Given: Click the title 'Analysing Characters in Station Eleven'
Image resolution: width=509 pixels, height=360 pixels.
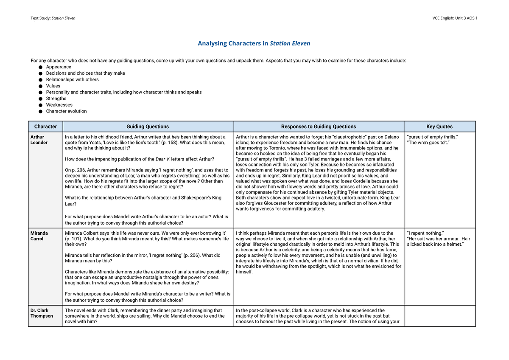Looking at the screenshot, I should (254, 43).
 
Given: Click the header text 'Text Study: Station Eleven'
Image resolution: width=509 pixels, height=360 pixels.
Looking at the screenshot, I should (53, 18).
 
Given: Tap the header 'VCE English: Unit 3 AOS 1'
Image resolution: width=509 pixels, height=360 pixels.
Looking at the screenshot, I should (455, 18).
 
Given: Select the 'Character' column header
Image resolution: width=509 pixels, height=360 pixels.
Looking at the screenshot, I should (45, 127).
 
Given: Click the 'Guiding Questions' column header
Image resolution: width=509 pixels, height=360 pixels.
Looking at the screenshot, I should (148, 127).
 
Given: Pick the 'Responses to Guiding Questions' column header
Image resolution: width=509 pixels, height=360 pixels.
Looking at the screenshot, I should (319, 127).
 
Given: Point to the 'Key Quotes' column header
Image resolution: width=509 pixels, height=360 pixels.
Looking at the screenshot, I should (439, 127).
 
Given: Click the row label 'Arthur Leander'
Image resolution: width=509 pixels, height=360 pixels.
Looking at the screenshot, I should (39, 140).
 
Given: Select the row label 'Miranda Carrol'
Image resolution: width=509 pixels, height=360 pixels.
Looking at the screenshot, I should (39, 236).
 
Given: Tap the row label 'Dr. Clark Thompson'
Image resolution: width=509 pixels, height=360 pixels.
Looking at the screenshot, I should (42, 313).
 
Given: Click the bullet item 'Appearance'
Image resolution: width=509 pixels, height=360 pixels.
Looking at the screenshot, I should (59, 67).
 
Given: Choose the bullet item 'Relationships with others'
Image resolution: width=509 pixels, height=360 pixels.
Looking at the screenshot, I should (72, 79).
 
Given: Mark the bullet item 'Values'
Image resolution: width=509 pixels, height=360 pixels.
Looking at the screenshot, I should (53, 86).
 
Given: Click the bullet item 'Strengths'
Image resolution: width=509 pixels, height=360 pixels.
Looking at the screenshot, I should (56, 98).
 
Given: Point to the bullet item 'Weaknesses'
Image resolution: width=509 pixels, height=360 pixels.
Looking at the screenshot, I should (59, 105).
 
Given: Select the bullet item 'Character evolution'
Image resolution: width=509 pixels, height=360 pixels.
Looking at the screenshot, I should (66, 111).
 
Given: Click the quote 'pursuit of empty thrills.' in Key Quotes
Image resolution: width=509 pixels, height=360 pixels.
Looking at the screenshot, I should (432, 137).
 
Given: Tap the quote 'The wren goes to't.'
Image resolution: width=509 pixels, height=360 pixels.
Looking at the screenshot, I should (427, 143).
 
